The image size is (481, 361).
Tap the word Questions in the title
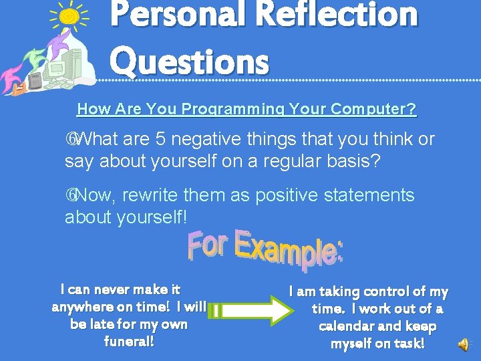coord(190,62)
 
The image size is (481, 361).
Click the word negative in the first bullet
coord(207,139)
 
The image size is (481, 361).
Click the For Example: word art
coord(265,249)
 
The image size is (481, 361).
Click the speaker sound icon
coord(463,344)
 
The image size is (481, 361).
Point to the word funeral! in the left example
coord(130,342)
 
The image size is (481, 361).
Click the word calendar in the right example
coord(351,326)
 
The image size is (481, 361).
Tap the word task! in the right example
coord(408,344)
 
